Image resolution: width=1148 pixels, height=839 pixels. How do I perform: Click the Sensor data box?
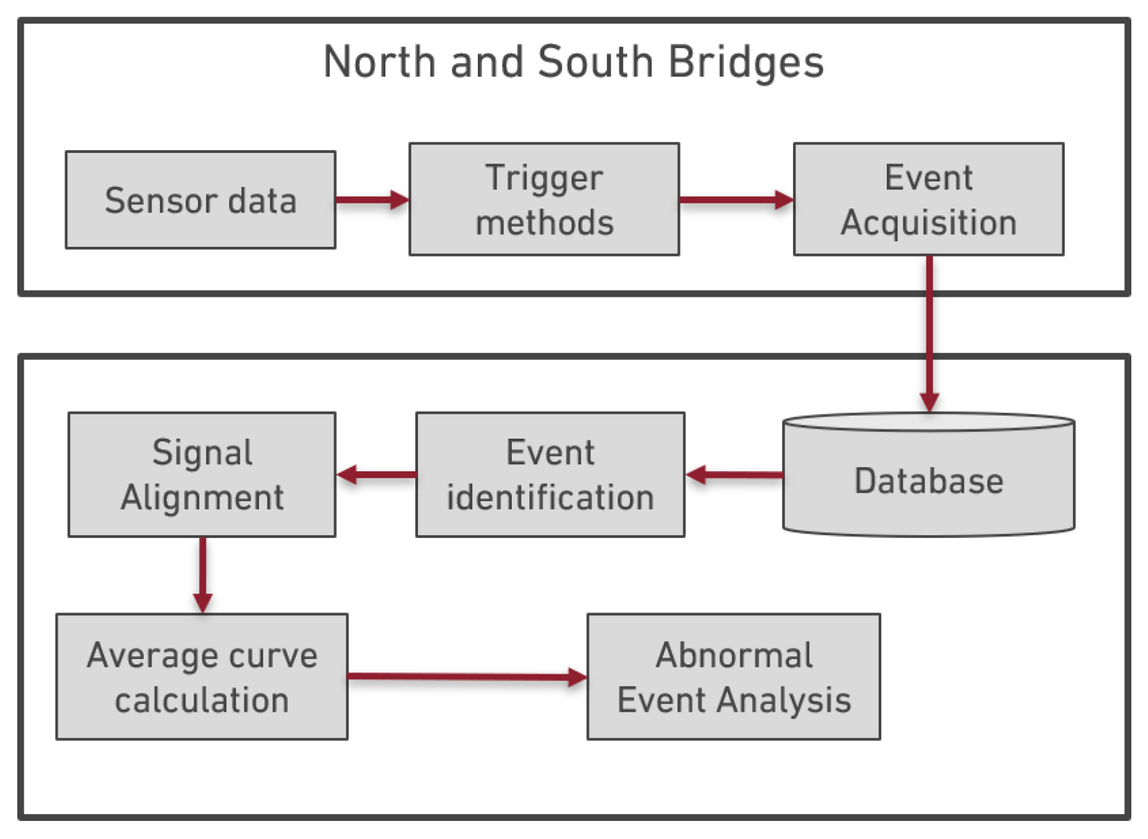click(x=200, y=200)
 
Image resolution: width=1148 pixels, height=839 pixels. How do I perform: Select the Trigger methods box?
click(x=544, y=199)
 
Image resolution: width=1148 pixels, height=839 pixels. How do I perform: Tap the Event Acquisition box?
click(x=929, y=199)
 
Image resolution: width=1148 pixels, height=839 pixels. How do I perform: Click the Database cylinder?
click(x=929, y=480)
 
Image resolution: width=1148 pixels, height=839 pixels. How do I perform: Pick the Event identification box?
click(x=550, y=475)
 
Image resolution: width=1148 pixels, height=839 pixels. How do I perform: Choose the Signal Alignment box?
click(x=201, y=475)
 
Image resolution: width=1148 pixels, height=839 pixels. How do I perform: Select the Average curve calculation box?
click(x=201, y=676)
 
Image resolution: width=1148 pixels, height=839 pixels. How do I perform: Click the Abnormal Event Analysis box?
click(x=733, y=676)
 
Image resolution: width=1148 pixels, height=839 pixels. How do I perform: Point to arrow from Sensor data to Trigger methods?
click(x=372, y=200)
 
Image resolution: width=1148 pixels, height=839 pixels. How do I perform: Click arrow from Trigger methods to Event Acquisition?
click(x=736, y=200)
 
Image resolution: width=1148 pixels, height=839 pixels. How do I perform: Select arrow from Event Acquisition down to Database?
click(x=929, y=334)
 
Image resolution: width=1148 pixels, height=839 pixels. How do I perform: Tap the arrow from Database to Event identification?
click(x=734, y=475)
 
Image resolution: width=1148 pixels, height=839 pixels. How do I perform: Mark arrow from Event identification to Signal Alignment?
click(x=376, y=475)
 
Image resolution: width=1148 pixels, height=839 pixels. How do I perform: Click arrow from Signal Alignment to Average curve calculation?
click(x=203, y=574)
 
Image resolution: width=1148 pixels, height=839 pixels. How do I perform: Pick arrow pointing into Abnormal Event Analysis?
click(x=467, y=676)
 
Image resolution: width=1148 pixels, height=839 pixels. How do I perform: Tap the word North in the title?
click(x=379, y=63)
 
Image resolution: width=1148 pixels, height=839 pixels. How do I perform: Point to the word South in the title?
click(x=595, y=63)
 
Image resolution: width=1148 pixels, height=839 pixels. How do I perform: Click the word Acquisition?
click(x=929, y=223)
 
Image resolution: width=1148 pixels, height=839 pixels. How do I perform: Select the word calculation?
click(x=201, y=700)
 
